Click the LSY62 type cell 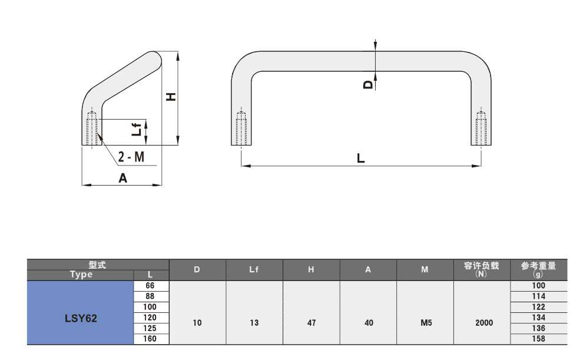(80, 313)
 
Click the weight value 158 (539, 339)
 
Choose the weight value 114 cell (539, 296)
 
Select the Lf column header (254, 270)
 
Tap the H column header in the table (311, 270)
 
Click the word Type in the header (81, 275)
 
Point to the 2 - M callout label (131, 157)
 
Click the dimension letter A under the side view (122, 179)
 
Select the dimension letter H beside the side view (171, 97)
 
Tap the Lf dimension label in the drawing (137, 129)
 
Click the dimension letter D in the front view (367, 85)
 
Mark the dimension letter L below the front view (360, 158)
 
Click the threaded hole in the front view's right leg (481, 128)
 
